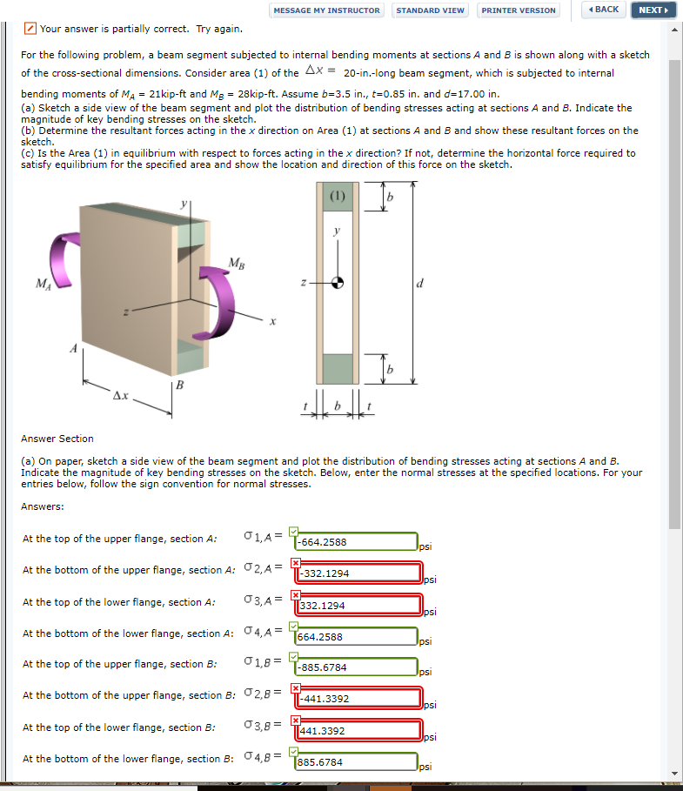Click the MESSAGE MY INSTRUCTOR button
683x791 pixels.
(x=326, y=10)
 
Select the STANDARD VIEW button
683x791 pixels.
(x=430, y=10)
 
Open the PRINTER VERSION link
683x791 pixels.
(x=519, y=10)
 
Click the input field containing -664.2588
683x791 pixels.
(x=356, y=542)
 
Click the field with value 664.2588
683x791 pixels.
(x=356, y=636)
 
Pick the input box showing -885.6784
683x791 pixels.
(x=356, y=667)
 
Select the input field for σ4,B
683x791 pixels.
(x=356, y=762)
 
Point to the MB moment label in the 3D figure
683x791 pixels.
(x=236, y=263)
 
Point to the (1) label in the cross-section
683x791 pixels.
(x=338, y=196)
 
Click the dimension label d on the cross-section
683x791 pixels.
(x=421, y=283)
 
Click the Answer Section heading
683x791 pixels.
(x=57, y=439)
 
